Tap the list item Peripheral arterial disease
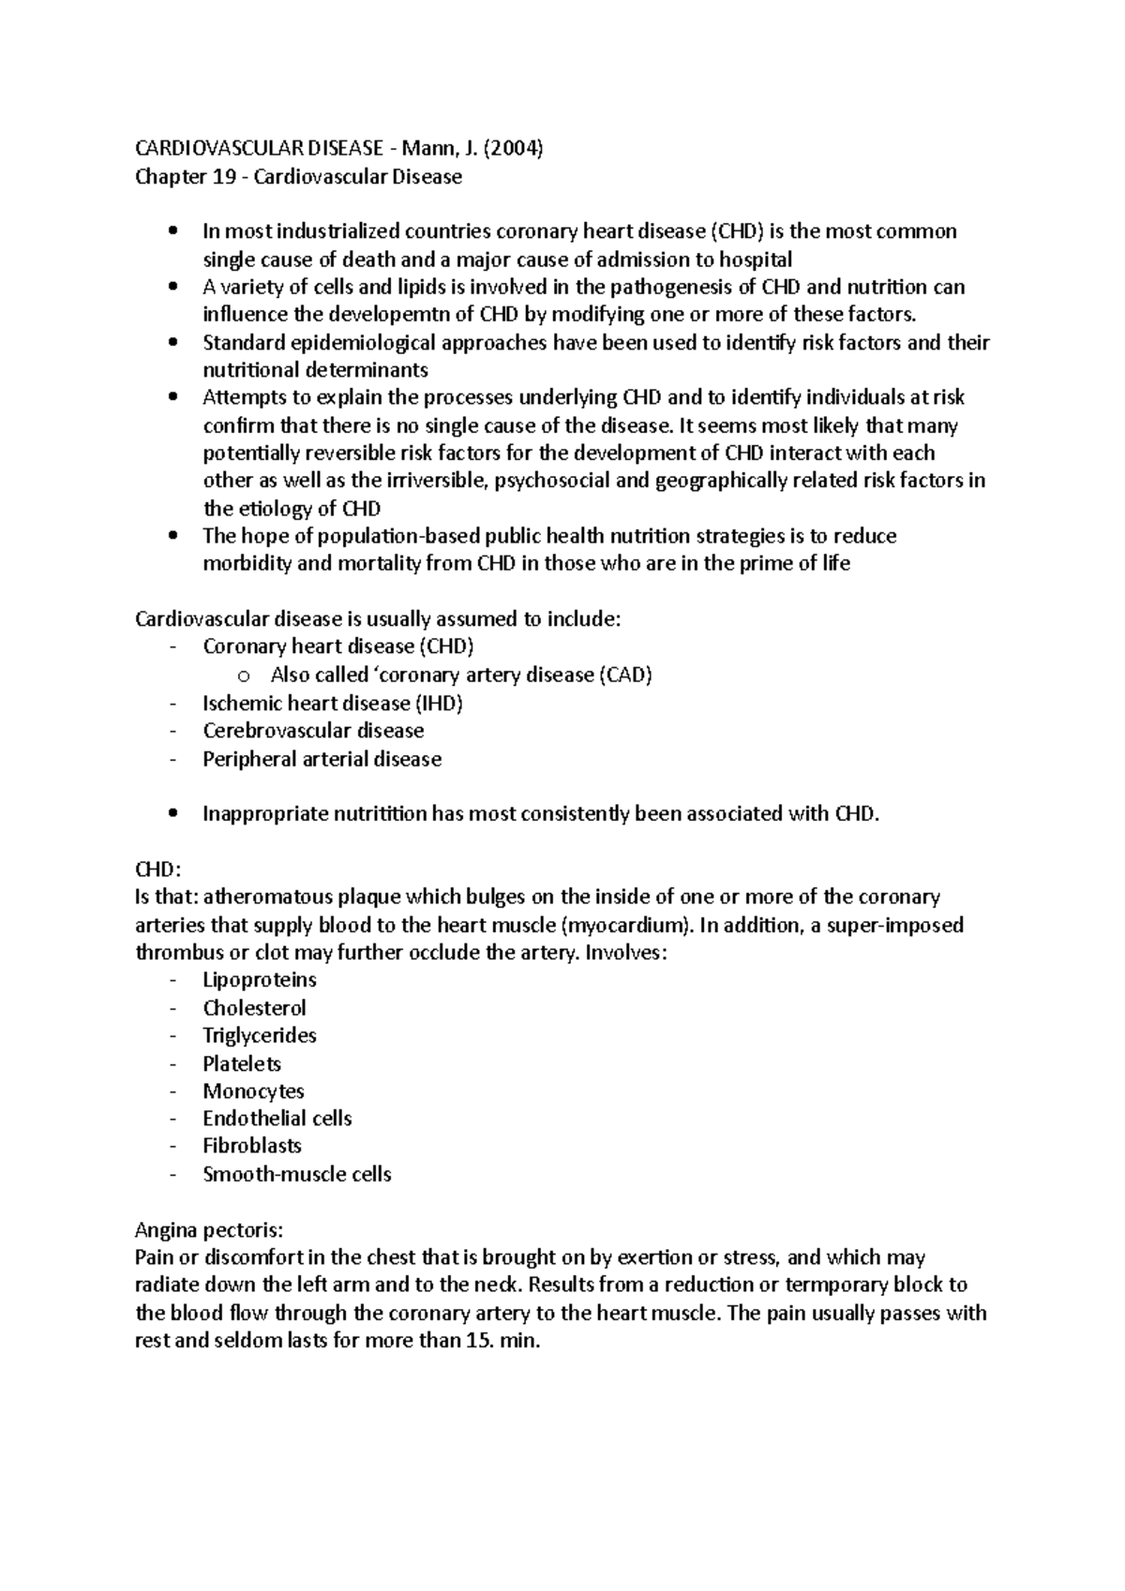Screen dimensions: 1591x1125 (x=322, y=759)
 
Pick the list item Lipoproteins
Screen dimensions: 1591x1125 (x=260, y=980)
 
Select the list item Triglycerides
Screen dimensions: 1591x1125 (x=260, y=1035)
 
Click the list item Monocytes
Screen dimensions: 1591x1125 (x=253, y=1091)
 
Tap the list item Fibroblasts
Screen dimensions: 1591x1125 (x=252, y=1146)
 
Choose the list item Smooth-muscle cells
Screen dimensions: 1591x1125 (x=297, y=1174)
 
